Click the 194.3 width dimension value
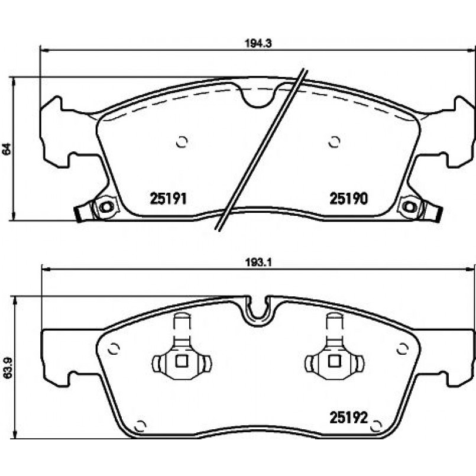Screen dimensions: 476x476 click(258, 43)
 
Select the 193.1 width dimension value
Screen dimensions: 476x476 click(258, 263)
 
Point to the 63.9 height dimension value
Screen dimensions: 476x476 click(7, 368)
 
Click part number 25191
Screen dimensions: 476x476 click(168, 199)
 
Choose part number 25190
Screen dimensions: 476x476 click(349, 199)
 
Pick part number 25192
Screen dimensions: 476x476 click(349, 417)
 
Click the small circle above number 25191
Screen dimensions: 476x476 click(182, 142)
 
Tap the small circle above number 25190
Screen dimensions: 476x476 click(334, 142)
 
